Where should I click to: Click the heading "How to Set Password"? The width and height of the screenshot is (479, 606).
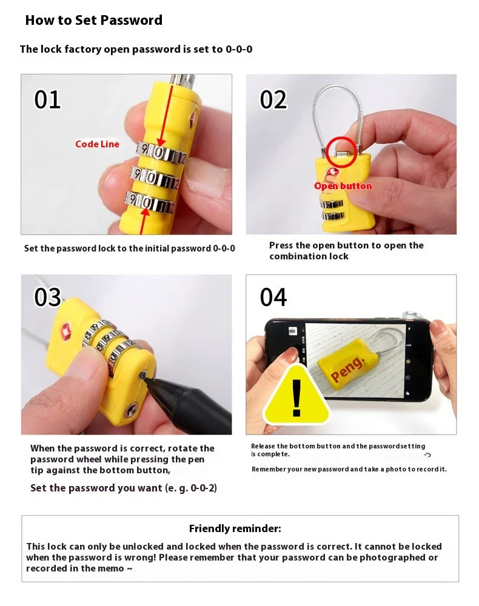pos(93,20)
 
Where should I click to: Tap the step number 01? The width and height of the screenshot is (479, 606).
pos(47,100)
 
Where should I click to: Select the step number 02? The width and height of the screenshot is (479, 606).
pos(273,100)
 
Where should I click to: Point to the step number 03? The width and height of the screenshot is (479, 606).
pos(47,298)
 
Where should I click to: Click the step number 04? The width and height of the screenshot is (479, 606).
pos(273,298)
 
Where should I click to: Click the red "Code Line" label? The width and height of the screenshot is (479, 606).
pos(97,144)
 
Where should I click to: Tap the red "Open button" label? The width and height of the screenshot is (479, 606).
pos(343,186)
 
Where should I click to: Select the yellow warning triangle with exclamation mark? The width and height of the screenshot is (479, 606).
pos(296,397)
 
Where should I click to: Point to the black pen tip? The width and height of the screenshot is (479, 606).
pos(146,376)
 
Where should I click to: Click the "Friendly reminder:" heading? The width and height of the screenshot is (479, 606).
pos(235,528)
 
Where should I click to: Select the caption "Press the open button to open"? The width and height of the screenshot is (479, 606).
pos(346,245)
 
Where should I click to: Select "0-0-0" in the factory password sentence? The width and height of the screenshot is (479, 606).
pos(239,49)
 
